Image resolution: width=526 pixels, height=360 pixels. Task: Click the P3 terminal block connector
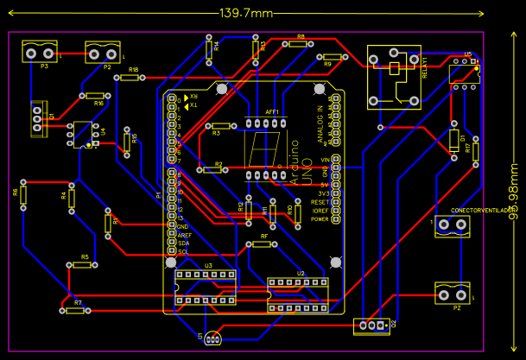40,54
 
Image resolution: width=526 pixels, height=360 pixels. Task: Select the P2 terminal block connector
104,54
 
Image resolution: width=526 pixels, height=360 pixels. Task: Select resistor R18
130,77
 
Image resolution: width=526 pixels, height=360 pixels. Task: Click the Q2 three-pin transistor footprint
372,325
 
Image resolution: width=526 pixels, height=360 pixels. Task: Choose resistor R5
83,265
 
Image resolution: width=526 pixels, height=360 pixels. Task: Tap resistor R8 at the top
300,43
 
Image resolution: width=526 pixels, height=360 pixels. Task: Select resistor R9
328,56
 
